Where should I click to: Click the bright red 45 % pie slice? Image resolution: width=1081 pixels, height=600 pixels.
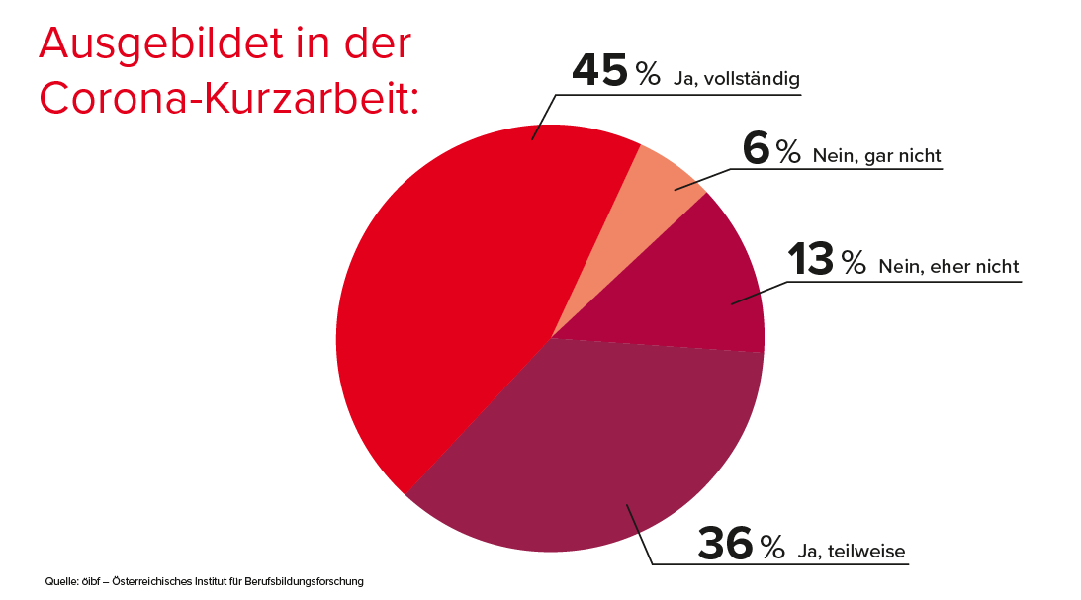pyautogui.click(x=455, y=297)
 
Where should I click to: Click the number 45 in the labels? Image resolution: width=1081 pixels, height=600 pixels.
pyautogui.click(x=599, y=71)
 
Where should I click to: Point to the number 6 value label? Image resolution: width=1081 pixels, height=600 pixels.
pyautogui.click(x=755, y=150)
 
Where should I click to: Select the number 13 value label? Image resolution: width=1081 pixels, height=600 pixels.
pyautogui.click(x=811, y=260)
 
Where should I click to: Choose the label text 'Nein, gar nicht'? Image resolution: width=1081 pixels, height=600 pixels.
pyautogui.click(x=875, y=155)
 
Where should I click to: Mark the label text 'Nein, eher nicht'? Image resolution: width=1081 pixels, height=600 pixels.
pyautogui.click(x=947, y=266)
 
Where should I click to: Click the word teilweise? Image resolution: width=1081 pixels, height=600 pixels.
pyautogui.click(x=867, y=552)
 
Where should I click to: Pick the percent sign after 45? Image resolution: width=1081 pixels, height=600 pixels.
pyautogui.click(x=647, y=73)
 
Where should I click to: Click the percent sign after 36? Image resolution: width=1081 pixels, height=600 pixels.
pyautogui.click(x=772, y=547)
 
